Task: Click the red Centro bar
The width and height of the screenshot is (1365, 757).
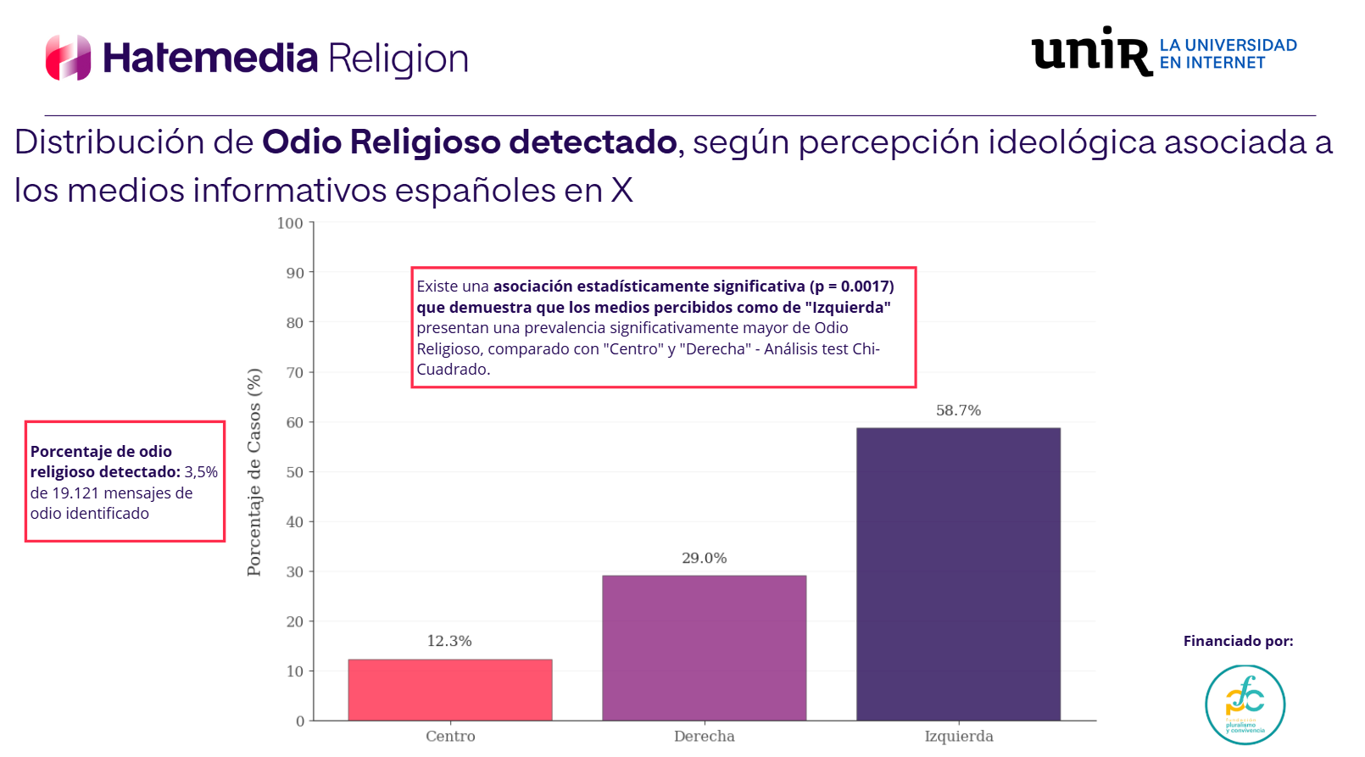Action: [449, 690]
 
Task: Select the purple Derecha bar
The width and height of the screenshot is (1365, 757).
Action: [704, 648]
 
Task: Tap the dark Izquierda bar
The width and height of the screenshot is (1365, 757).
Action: [958, 574]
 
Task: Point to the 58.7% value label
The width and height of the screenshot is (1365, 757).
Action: [958, 410]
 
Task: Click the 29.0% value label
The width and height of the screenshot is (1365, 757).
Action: [704, 558]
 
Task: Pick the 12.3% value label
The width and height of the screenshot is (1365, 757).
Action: [449, 641]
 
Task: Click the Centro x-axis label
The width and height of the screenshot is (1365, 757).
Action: [450, 736]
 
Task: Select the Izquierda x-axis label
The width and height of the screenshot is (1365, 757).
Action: [959, 736]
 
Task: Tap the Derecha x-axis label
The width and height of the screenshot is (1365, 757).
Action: [704, 736]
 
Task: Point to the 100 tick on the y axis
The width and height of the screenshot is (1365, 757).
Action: [290, 223]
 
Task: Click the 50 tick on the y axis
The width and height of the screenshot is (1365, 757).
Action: [294, 472]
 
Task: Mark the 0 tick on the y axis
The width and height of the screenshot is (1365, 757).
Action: [299, 721]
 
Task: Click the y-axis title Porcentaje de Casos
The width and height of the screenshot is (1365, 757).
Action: [254, 472]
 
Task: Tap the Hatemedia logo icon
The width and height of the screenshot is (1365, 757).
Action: [68, 58]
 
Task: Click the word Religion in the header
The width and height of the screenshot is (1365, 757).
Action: [398, 58]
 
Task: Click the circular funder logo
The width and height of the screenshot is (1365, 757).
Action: [1245, 704]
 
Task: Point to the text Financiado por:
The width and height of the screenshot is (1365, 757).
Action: [1238, 641]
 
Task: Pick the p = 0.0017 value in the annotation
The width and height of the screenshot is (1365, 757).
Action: [850, 287]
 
